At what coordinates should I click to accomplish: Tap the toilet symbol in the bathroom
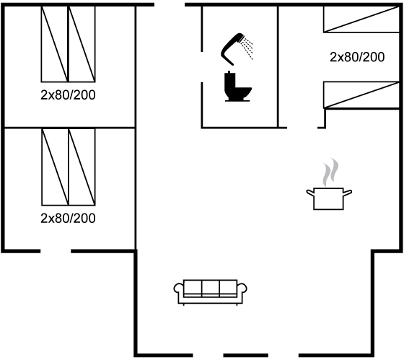click(x=237, y=87)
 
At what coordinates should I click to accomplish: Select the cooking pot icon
click(x=329, y=198)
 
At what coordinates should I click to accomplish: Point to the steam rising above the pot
click(x=330, y=172)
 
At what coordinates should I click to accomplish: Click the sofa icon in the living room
click(x=210, y=292)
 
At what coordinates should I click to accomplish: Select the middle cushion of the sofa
click(x=211, y=288)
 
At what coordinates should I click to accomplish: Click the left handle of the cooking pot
click(x=310, y=192)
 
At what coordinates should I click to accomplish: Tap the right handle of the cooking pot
click(x=348, y=192)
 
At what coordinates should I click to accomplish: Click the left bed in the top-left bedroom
click(x=55, y=44)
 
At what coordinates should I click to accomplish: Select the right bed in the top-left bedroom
click(x=82, y=44)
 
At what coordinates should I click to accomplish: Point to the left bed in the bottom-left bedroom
click(x=55, y=167)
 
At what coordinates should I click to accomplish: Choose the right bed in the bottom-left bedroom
click(x=82, y=167)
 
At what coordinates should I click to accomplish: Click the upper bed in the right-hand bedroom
click(x=361, y=19)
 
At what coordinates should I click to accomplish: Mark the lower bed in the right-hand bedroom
click(x=361, y=95)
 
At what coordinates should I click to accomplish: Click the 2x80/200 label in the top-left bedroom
click(x=68, y=95)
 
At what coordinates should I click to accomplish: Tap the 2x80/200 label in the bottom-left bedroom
click(x=68, y=219)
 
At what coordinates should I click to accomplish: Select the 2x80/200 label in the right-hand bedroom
click(x=357, y=57)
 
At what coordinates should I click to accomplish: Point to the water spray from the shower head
click(x=247, y=48)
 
